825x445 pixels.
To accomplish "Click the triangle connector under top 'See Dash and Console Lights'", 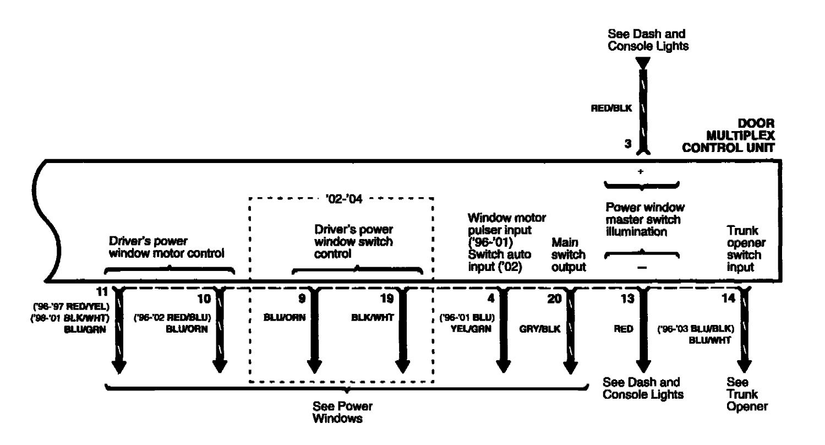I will point(641,62).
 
